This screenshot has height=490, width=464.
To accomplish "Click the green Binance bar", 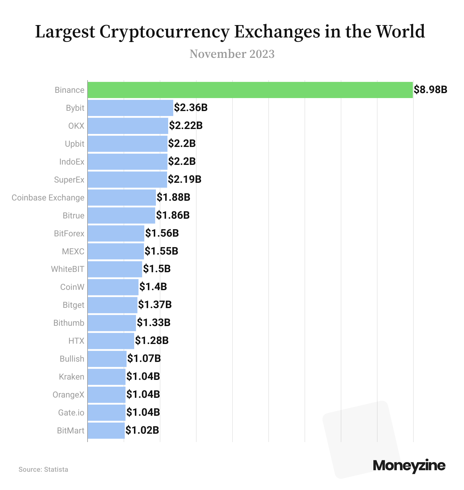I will click(250, 90).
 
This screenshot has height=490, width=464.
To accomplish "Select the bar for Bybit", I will click(130, 108).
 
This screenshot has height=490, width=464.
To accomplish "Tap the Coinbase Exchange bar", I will click(122, 198).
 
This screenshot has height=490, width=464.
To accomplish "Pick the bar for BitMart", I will click(106, 431).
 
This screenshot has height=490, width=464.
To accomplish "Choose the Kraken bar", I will click(106, 377).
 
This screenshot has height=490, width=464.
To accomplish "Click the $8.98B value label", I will click(430, 90).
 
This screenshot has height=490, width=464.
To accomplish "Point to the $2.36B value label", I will click(191, 108).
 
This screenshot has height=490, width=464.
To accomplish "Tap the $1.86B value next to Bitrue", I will click(173, 215).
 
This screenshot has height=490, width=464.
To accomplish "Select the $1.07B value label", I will click(144, 359).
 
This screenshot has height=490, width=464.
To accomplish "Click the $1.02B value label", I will click(142, 431).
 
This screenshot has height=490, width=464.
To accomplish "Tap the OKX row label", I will click(76, 126).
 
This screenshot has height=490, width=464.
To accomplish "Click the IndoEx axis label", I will click(72, 162).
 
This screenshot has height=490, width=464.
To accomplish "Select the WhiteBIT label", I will click(67, 269).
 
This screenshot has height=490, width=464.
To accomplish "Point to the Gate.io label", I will click(71, 413).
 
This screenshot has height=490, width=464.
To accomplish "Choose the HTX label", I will click(76, 341).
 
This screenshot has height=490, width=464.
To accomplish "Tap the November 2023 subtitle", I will click(232, 54).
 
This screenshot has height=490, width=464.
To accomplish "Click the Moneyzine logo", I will click(409, 466).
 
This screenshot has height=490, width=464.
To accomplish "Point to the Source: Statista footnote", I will click(43, 470).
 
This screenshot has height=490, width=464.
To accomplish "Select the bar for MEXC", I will click(116, 251).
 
